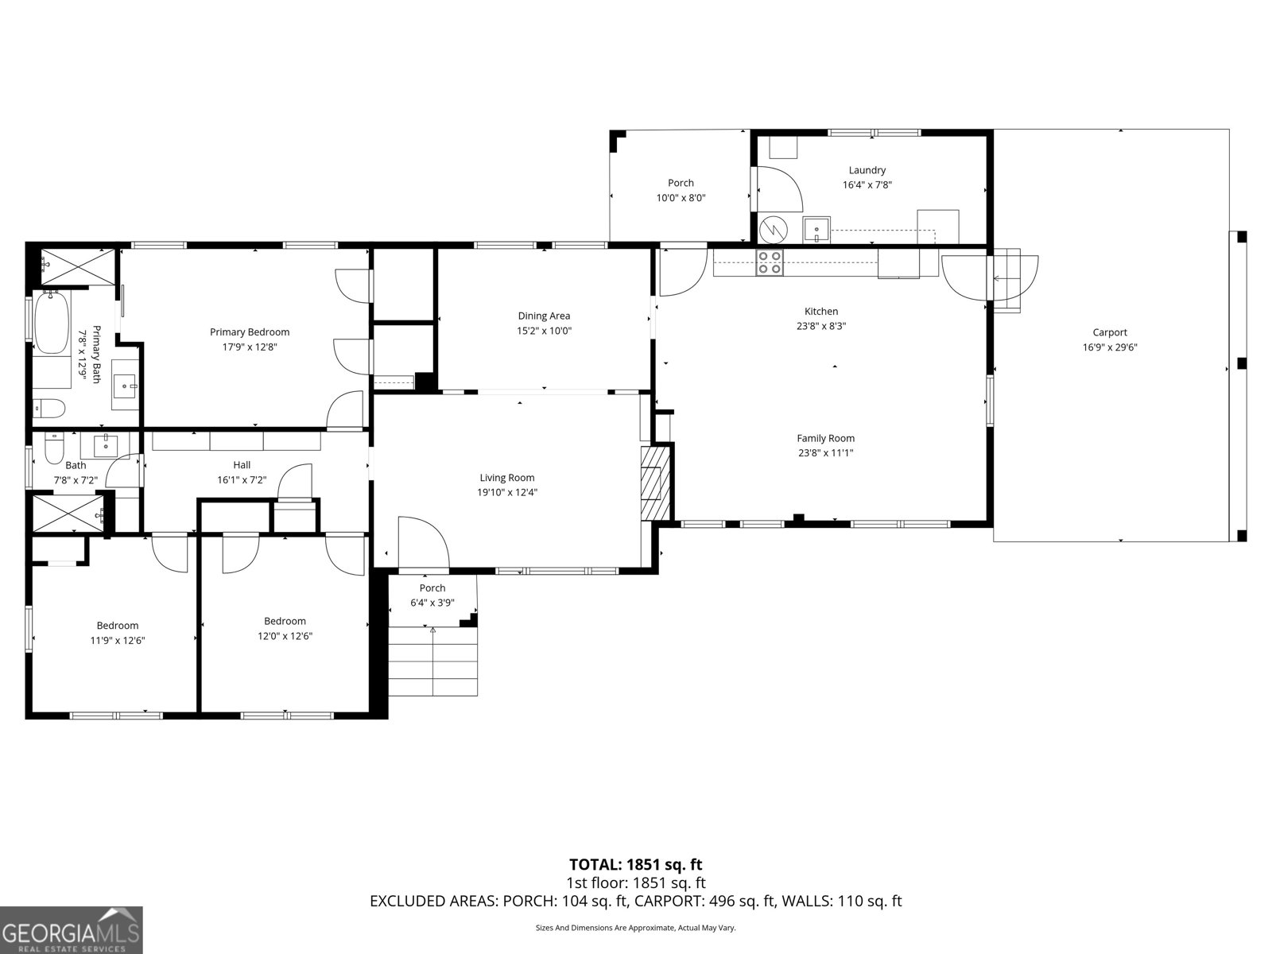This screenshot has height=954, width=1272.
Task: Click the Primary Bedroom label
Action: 250,332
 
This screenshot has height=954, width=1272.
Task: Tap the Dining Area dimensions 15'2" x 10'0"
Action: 544,331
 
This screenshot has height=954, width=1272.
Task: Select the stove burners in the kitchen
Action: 769,262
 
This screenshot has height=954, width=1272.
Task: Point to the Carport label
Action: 1109,333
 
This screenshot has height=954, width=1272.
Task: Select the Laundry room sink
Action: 816,229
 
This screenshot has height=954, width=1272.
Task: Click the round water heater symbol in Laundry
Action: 772,230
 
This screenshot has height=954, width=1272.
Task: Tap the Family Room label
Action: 825,438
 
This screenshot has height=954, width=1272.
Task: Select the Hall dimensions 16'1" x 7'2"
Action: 242,480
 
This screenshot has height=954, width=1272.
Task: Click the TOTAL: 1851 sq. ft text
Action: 635,864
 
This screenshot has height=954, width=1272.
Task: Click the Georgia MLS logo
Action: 71,930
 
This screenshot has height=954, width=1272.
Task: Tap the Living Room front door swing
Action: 424,545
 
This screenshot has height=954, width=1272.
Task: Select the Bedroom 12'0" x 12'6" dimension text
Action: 285,636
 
